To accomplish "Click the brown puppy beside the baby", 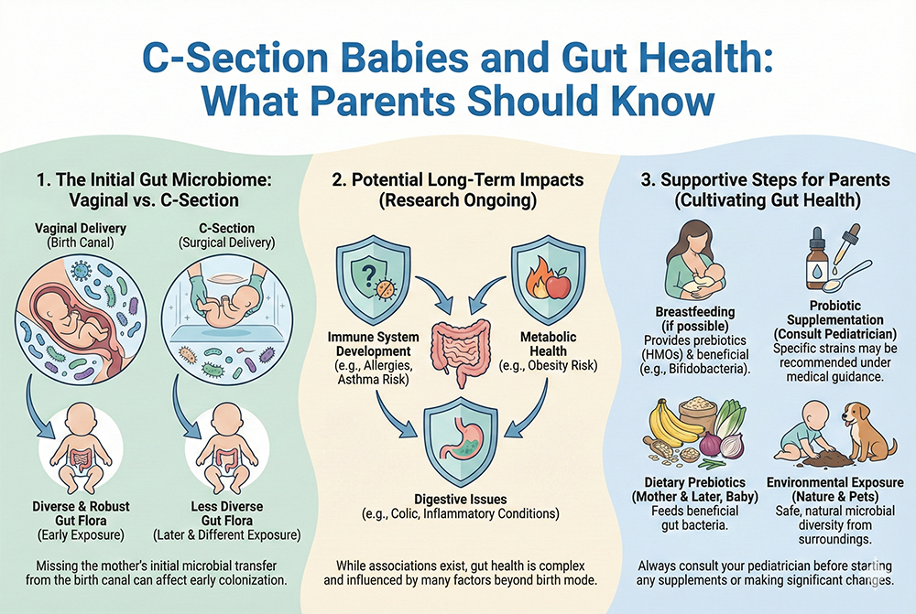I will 867,430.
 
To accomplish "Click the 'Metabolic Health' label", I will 547,344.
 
